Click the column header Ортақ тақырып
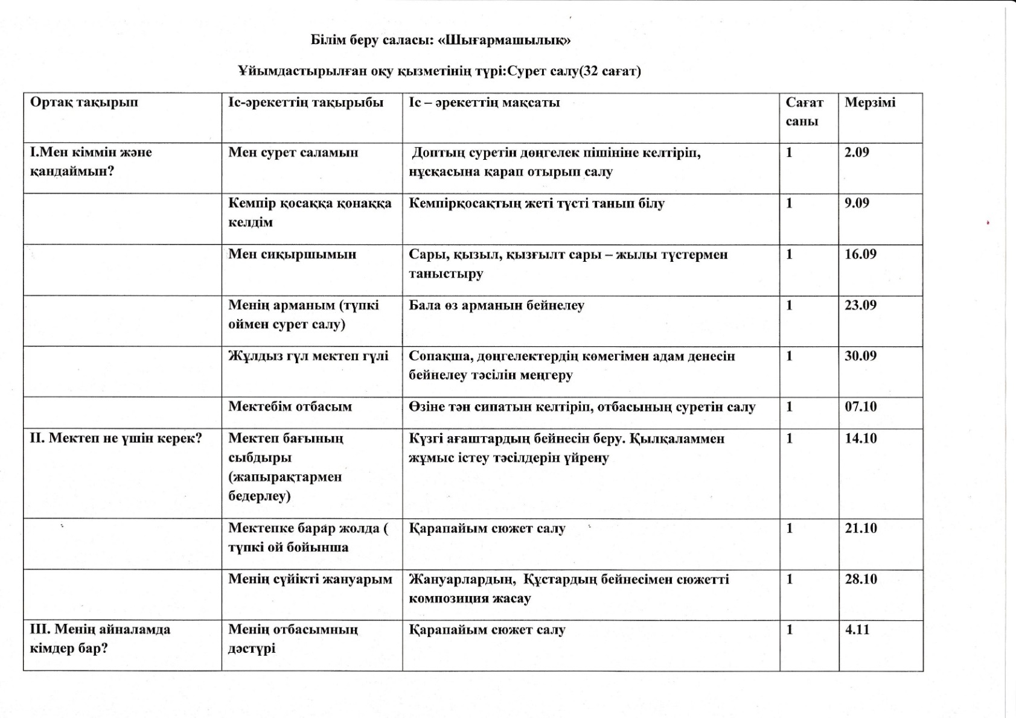(84, 103)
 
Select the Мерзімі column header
(870, 103)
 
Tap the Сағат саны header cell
(804, 112)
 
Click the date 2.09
(857, 153)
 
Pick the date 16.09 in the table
(860, 255)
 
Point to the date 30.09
(860, 356)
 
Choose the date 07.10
(860, 407)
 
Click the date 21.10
(860, 529)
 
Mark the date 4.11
(857, 630)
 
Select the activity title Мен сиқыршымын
(292, 255)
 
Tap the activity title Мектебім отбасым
(290, 407)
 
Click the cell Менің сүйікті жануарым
(310, 580)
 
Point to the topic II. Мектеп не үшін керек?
(116, 439)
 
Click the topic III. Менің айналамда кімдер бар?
(100, 639)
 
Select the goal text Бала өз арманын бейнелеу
(496, 305)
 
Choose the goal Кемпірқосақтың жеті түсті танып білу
(536, 204)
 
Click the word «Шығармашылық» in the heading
(504, 40)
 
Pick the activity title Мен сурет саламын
(293, 153)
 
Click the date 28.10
(860, 580)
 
